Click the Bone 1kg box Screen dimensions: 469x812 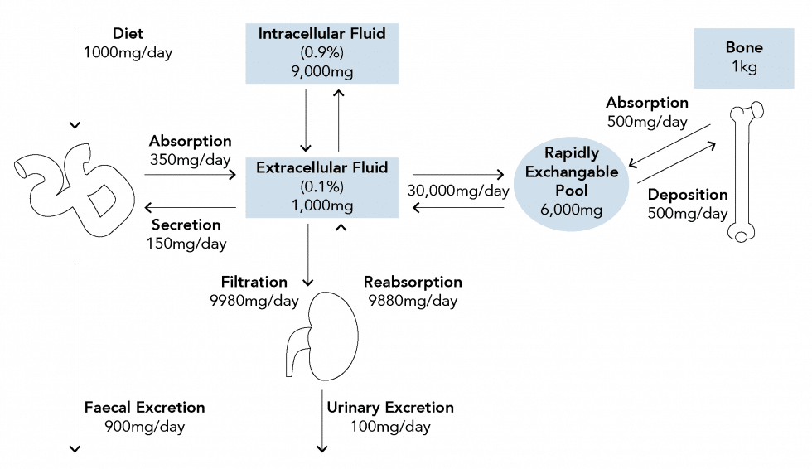pos(743,57)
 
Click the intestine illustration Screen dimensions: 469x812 pos(75,186)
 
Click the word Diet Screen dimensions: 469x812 pos(128,34)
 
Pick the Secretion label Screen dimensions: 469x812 pos(186,225)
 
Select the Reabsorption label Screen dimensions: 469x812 pos(412,283)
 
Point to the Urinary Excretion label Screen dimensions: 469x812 pos(390,407)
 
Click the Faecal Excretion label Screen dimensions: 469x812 pos(144,407)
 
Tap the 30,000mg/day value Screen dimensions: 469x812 pos(457,191)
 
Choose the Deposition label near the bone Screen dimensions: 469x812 pos(688,195)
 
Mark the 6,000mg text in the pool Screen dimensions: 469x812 pos(570,210)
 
